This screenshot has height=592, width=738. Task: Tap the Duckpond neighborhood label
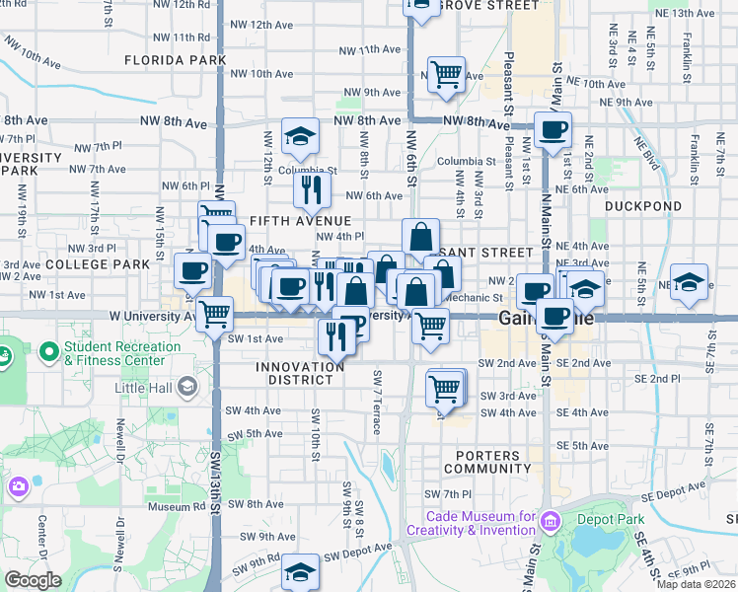pyautogui.click(x=642, y=207)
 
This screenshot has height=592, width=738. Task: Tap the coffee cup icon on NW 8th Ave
pyautogui.click(x=553, y=129)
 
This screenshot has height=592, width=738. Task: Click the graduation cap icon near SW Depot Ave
pyautogui.click(x=300, y=572)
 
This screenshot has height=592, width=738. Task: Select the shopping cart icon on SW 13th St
pyautogui.click(x=213, y=315)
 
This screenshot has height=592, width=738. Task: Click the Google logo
pyautogui.click(x=33, y=579)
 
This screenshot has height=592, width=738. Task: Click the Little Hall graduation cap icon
pyautogui.click(x=185, y=388)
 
